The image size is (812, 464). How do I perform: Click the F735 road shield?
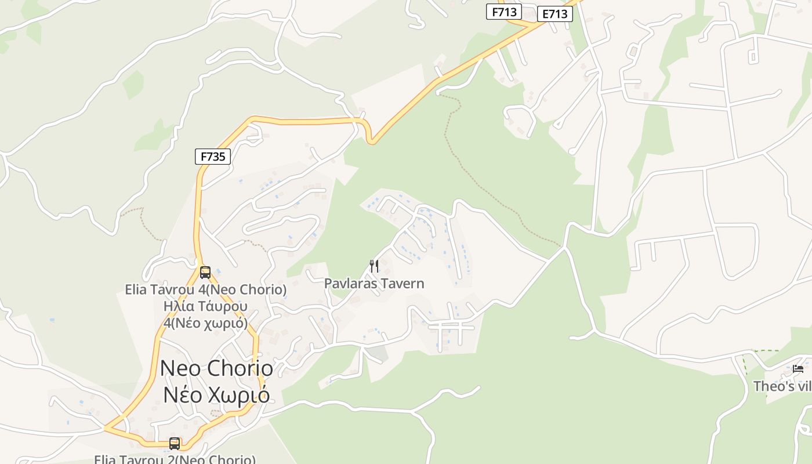(212, 156)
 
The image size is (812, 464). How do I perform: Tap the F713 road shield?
(504, 12)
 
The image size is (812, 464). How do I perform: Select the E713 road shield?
(555, 14)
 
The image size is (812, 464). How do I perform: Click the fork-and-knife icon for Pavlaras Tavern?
(374, 266)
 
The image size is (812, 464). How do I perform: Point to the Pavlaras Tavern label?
(374, 284)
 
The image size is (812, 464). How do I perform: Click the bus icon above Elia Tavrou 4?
(205, 272)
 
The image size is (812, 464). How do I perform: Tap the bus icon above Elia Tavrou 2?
(175, 444)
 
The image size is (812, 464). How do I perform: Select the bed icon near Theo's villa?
(798, 369)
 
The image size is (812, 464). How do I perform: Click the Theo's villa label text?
(782, 386)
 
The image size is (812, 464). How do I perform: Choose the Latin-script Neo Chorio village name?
(216, 368)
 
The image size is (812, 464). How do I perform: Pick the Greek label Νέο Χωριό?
(216, 395)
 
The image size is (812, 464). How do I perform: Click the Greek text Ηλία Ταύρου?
(205, 306)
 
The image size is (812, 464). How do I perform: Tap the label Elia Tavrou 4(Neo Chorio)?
(205, 289)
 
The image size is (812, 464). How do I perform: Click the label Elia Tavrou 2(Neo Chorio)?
(175, 459)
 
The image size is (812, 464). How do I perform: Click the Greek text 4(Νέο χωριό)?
(205, 322)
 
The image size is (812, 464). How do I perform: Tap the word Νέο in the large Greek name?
(182, 395)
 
